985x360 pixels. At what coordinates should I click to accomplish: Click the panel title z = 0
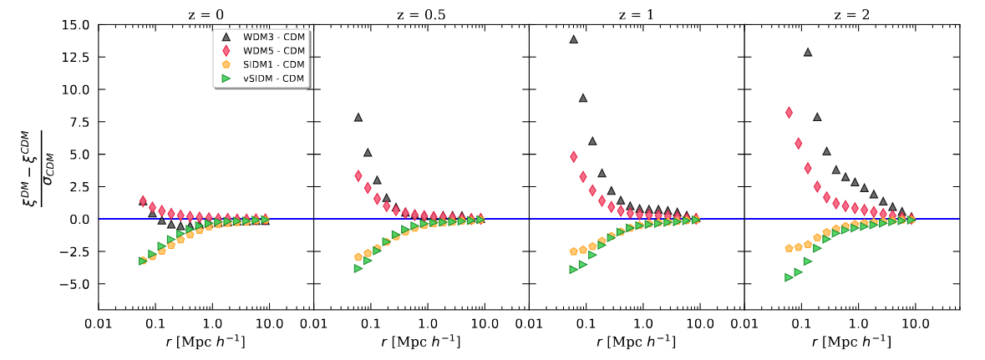pyautogui.click(x=206, y=13)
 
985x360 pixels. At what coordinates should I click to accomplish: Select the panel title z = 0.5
pyautogui.click(x=421, y=13)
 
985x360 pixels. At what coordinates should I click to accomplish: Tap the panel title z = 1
pyautogui.click(x=636, y=13)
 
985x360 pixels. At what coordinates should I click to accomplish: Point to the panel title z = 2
pyautogui.click(x=851, y=13)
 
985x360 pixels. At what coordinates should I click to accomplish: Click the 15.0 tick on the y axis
pyautogui.click(x=75, y=24)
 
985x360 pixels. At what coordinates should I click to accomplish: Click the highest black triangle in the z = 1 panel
pyautogui.click(x=574, y=39)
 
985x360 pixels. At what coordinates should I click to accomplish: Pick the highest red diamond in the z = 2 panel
pyautogui.click(x=789, y=113)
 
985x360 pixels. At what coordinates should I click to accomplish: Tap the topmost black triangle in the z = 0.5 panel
pyautogui.click(x=358, y=117)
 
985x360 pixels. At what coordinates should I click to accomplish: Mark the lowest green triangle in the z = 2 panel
pyautogui.click(x=789, y=277)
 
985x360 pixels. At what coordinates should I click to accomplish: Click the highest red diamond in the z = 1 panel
pyautogui.click(x=574, y=156)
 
